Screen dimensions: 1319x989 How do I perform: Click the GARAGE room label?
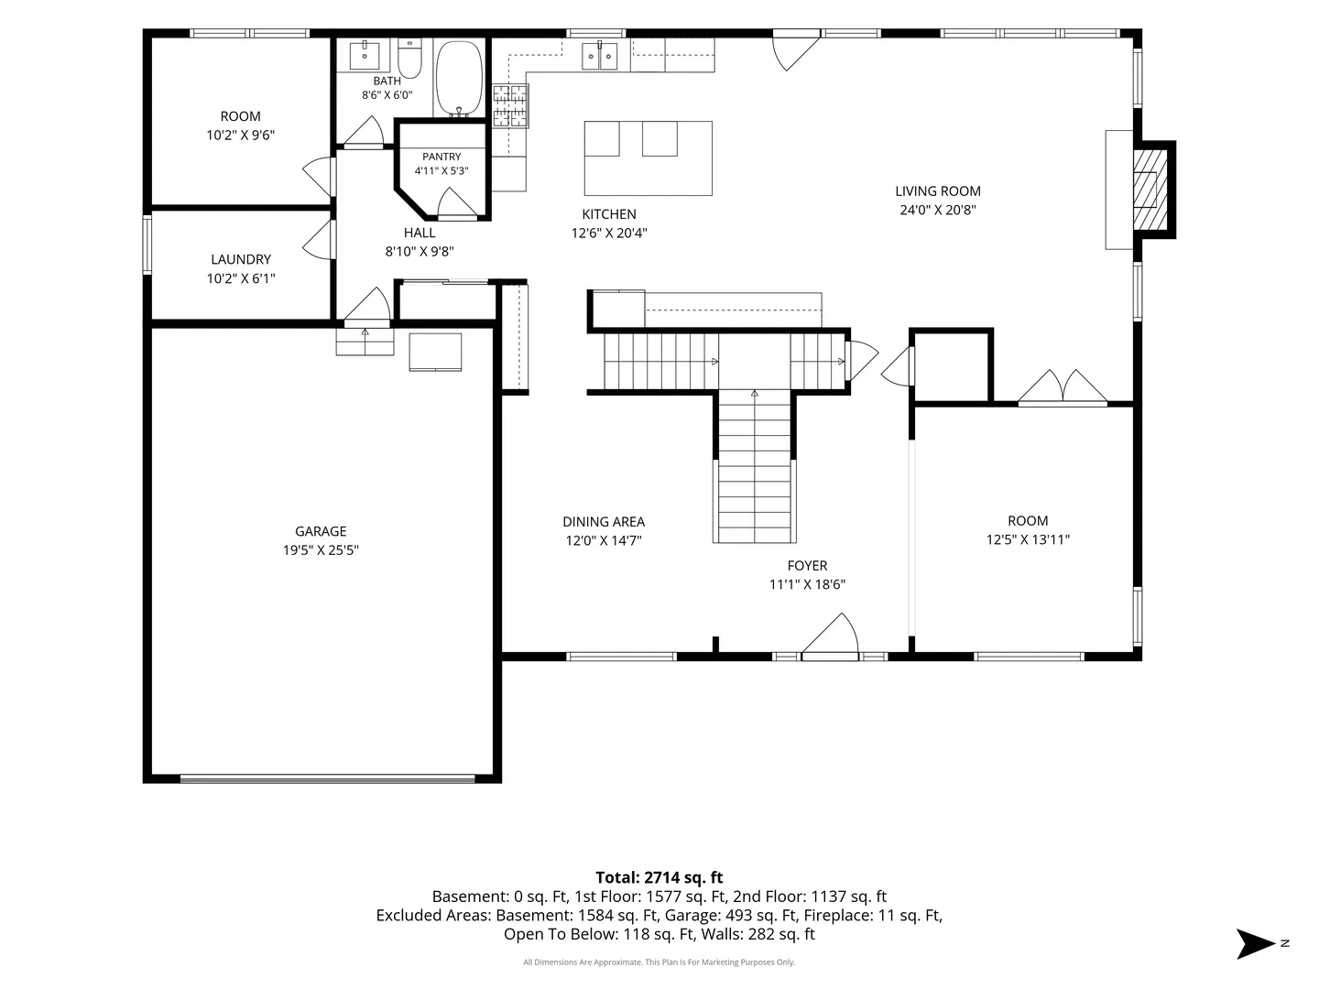tap(321, 531)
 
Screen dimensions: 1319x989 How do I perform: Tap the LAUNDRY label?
tap(240, 259)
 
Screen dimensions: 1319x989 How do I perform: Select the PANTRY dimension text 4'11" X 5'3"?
tap(441, 170)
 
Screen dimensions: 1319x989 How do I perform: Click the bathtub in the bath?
tap(459, 78)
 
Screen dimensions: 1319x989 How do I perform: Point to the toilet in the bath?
tap(409, 59)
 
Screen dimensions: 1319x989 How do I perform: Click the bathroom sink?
tap(365, 55)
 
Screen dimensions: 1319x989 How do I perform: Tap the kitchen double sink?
tap(599, 56)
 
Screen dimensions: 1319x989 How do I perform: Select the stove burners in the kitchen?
tap(511, 105)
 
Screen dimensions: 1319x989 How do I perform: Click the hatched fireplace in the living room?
tap(1150, 190)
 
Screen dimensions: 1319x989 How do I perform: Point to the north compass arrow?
tap(1255, 943)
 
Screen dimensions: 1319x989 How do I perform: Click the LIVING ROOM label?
tap(937, 191)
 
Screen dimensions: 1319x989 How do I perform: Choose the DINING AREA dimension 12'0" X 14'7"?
tap(604, 540)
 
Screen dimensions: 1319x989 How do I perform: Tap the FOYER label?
tap(807, 566)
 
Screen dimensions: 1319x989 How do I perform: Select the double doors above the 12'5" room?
tap(1063, 386)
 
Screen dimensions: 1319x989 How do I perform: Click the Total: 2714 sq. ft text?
tap(659, 877)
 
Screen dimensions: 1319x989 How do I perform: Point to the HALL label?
tap(420, 233)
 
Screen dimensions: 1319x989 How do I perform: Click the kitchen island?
tap(648, 158)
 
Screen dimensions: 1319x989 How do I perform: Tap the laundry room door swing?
tap(319, 240)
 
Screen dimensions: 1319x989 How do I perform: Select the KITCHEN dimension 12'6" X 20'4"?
tap(609, 233)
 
